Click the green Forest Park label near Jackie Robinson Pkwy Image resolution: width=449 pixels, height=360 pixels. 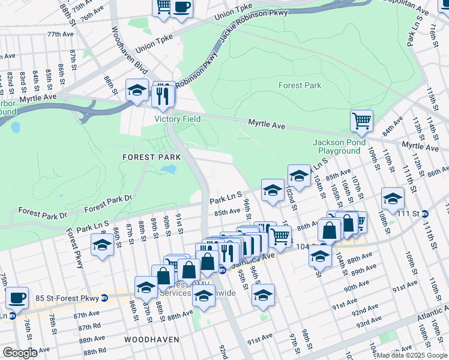300,85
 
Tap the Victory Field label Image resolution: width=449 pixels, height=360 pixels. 177,119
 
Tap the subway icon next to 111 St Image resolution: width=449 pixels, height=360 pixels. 425,214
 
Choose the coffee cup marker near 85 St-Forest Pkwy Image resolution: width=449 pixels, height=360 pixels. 17,298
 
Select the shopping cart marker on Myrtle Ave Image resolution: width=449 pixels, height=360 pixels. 362,121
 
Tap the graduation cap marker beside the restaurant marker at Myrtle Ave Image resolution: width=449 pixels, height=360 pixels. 137,91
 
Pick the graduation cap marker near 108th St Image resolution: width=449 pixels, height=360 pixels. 393,198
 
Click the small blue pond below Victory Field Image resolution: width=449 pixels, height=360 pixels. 169,170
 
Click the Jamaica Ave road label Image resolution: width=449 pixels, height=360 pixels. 261,256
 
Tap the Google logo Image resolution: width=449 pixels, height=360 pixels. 20,353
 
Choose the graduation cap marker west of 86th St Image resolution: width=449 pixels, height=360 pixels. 102,245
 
